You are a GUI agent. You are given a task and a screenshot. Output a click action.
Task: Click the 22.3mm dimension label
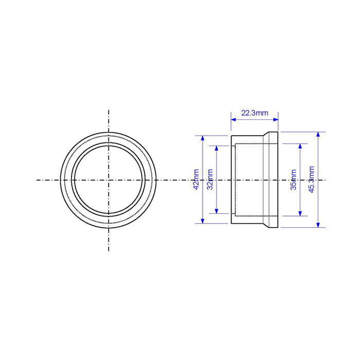pos(255,113)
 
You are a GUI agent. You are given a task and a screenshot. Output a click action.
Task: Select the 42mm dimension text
pos(196,179)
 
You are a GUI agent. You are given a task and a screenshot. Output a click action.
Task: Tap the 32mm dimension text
pos(210,179)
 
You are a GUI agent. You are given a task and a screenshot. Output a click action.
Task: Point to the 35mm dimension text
pos(294,180)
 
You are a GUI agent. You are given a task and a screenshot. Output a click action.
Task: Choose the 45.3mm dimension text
pos(311,179)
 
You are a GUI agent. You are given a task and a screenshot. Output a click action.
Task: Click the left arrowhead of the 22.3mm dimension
pos(233,119)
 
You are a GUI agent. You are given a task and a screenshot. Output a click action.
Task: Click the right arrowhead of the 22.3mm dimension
pos(276,119)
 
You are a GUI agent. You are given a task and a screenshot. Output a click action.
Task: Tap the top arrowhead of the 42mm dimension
pos(203,138)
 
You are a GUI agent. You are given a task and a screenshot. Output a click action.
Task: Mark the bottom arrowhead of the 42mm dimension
pos(203,221)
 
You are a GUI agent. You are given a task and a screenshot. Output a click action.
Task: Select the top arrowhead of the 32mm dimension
pos(217,148)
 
